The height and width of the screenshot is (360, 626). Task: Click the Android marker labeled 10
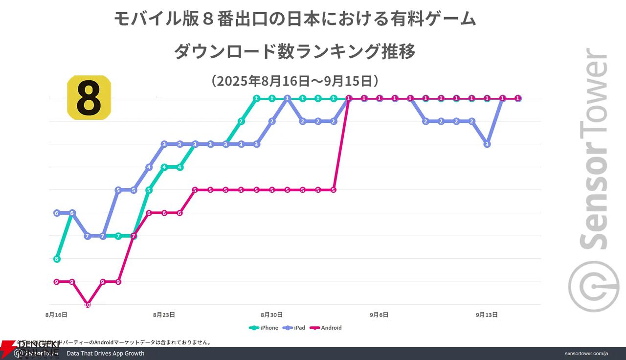tap(88, 305)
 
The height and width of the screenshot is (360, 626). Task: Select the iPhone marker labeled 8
tap(57, 259)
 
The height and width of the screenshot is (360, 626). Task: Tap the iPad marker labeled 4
tap(149, 167)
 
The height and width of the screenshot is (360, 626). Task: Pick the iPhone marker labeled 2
tap(241, 121)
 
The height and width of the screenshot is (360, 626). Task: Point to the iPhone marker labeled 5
tap(149, 190)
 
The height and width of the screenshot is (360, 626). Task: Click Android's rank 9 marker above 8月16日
tap(57, 282)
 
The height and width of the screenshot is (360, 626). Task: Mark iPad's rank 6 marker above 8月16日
tap(57, 213)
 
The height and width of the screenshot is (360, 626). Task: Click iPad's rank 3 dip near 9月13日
tap(487, 144)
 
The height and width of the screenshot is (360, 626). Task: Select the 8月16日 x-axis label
tap(56, 315)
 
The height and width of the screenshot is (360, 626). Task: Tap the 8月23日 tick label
tap(164, 315)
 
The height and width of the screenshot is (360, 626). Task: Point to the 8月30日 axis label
tap(271, 315)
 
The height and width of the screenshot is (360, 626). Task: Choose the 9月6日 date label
tap(379, 315)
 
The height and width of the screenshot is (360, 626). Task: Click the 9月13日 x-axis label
tap(487, 315)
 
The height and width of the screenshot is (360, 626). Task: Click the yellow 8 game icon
tap(89, 97)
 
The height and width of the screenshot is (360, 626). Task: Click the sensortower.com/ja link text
tap(586, 354)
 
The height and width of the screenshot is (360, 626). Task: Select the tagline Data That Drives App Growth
tap(105, 353)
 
